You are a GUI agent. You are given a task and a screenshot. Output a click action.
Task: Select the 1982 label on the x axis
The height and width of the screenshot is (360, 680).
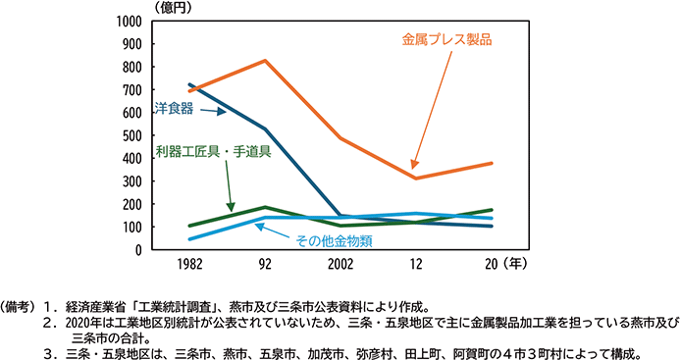189,265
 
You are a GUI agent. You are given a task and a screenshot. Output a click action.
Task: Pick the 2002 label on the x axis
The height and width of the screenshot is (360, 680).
340,265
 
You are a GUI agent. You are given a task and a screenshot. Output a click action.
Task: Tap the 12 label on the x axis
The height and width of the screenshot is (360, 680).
415,265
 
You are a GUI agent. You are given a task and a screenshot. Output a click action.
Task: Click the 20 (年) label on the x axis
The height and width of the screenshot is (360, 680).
500,265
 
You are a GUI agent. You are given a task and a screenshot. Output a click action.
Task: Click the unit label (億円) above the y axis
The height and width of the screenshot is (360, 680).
167,7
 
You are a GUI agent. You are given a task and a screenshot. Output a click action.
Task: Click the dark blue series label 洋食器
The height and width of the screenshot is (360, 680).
174,106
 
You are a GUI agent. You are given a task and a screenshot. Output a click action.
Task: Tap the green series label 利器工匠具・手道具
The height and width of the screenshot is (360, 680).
213,152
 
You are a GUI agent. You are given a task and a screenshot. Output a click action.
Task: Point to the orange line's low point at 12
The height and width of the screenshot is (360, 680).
415,178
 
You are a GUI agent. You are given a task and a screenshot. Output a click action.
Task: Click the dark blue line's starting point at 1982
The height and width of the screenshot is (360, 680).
189,85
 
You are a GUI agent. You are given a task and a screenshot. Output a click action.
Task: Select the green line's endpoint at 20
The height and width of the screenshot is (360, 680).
492,210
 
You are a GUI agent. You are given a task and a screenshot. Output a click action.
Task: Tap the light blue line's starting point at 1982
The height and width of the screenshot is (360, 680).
189,238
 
